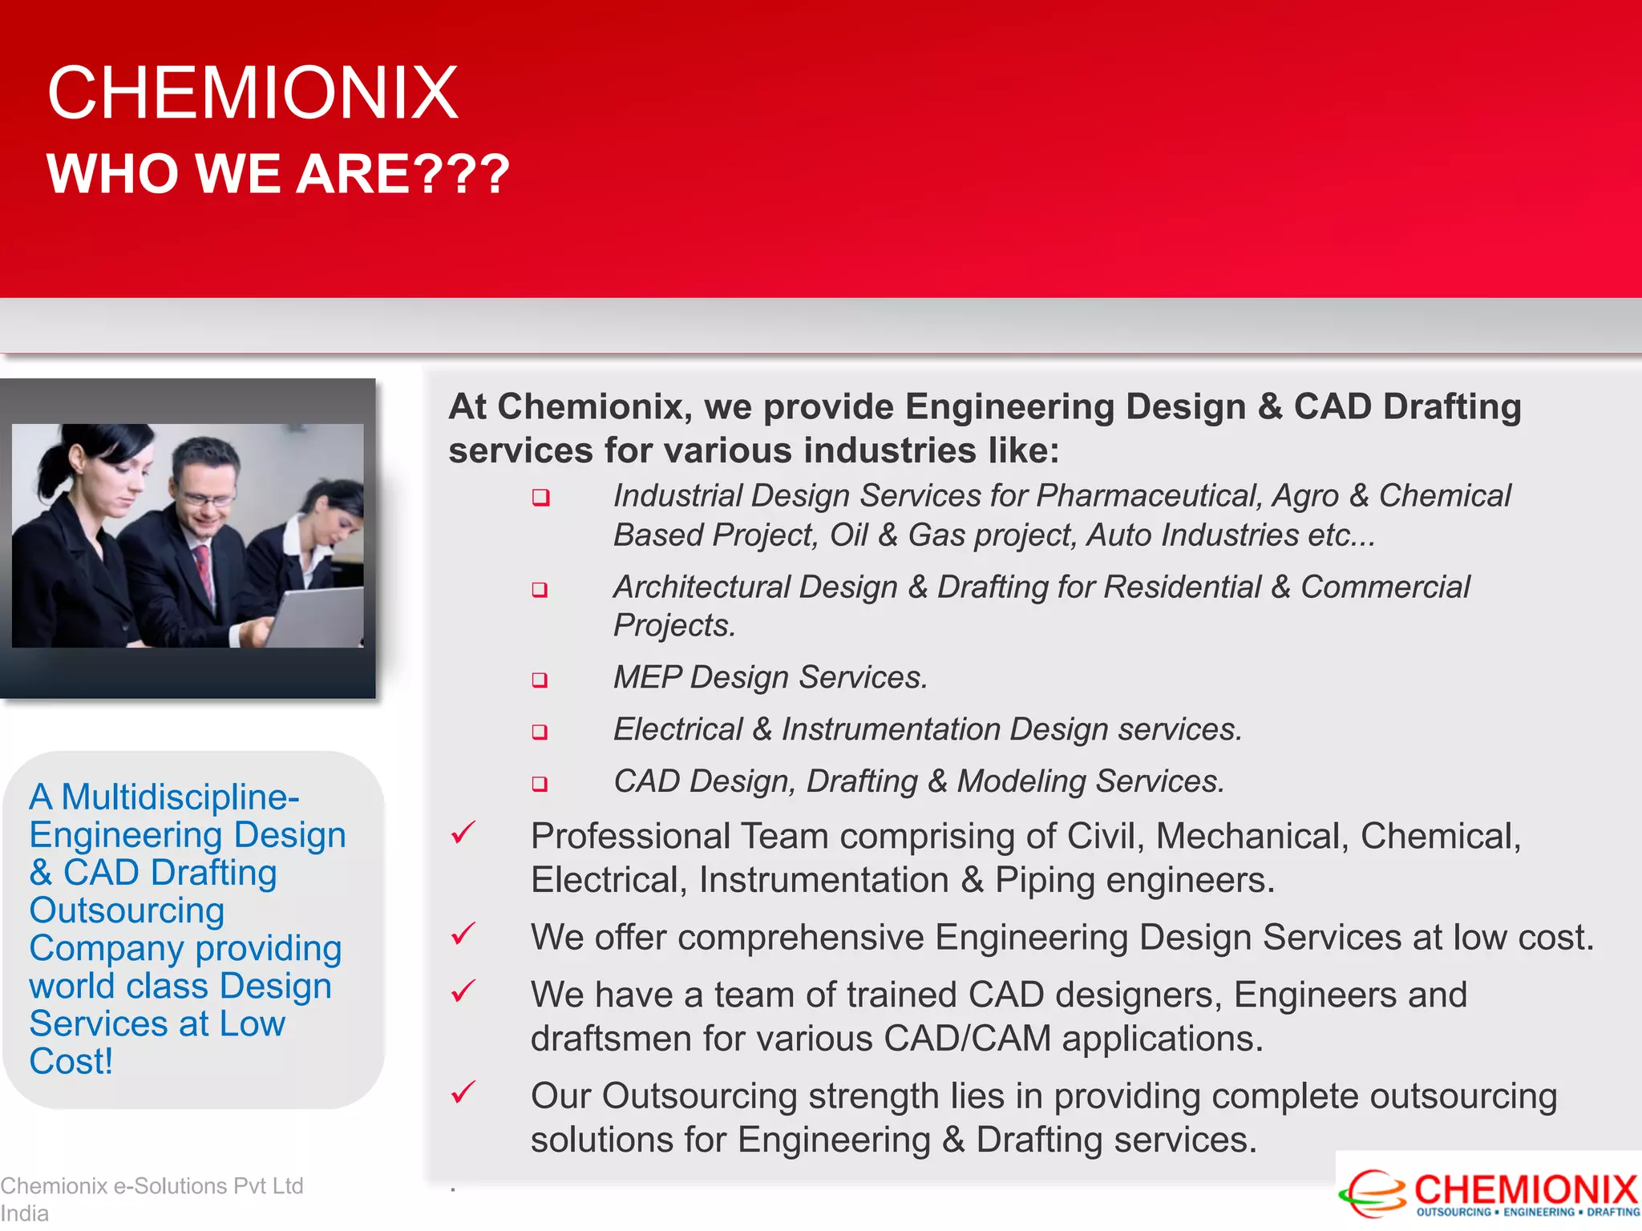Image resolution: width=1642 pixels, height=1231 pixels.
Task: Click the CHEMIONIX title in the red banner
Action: [x=253, y=93]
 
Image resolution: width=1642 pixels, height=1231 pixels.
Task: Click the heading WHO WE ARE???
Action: [x=277, y=174]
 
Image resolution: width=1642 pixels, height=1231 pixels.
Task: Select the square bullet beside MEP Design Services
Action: [x=540, y=680]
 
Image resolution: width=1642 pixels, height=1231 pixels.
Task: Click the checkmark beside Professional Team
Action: [x=463, y=833]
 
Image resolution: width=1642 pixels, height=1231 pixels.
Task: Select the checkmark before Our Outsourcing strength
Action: [x=463, y=1092]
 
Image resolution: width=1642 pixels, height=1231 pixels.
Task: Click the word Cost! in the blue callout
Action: [x=71, y=1062]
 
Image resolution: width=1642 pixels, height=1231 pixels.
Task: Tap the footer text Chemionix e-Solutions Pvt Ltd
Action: [x=152, y=1185]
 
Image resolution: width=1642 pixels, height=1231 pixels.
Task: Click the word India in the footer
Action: [x=24, y=1213]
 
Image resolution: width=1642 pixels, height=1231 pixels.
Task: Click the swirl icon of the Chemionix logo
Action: [x=1373, y=1194]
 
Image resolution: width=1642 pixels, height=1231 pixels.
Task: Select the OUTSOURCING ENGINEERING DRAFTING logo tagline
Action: [x=1527, y=1213]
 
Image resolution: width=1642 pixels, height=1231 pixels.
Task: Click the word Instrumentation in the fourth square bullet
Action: [x=890, y=730]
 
